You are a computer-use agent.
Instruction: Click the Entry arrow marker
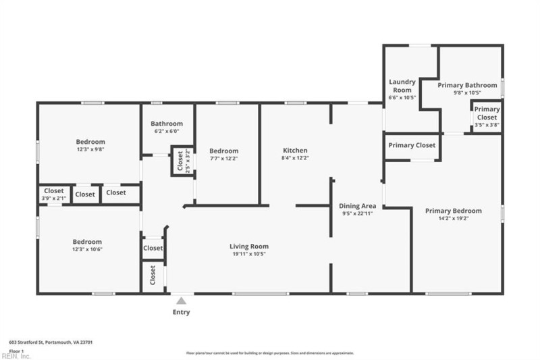coord(181,301)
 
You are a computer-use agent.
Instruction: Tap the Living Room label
coord(249,247)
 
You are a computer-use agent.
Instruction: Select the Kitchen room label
coord(295,150)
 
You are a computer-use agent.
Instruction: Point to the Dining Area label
coord(358,205)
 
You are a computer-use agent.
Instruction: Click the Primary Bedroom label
coord(454,211)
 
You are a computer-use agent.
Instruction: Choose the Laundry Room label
coord(402,86)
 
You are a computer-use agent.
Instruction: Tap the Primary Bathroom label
coord(467,85)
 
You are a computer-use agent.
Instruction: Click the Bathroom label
coord(167,124)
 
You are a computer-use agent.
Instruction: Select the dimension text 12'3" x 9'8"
coord(90,150)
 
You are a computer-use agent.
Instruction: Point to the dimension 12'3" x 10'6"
coord(88,250)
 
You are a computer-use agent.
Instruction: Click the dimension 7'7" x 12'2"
coord(223,159)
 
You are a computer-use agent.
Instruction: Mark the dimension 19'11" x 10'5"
coord(249,255)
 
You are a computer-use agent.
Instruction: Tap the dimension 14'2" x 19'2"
coord(454,219)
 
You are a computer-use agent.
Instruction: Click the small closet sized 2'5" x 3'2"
coord(180,162)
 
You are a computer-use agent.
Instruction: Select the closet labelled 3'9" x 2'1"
coord(54,195)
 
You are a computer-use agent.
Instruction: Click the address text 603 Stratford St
coord(51,342)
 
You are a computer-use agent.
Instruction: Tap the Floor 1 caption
coord(17,351)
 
